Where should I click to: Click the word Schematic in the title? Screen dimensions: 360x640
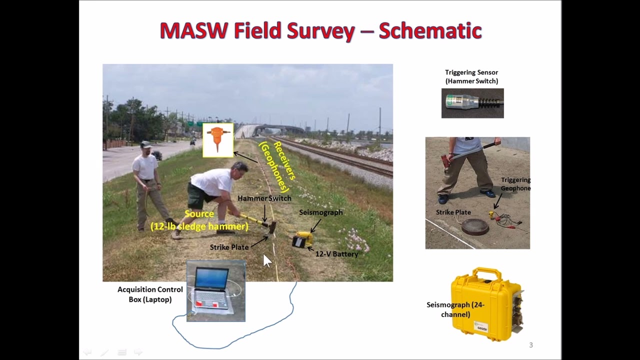430,31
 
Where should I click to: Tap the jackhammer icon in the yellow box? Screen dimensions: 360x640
218,140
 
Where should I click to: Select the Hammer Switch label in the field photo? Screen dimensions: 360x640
264,198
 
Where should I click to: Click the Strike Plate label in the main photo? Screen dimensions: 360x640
229,247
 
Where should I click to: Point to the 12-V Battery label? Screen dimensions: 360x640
336,254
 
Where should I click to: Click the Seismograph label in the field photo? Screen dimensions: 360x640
320,212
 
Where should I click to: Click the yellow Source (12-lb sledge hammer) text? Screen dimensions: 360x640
199,220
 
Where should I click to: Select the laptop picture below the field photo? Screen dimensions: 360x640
216,290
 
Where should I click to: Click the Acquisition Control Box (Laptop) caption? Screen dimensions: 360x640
150,294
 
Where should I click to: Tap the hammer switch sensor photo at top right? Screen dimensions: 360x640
472,103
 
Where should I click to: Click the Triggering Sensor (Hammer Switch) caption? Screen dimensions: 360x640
471,76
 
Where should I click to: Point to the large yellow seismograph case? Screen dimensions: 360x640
485,305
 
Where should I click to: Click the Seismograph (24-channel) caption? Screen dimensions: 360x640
455,309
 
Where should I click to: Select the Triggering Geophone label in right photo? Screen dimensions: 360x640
515,184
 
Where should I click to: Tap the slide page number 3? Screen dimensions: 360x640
531,345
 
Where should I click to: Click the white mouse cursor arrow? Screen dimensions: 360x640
266,260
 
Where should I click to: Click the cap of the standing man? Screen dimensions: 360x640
145,144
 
